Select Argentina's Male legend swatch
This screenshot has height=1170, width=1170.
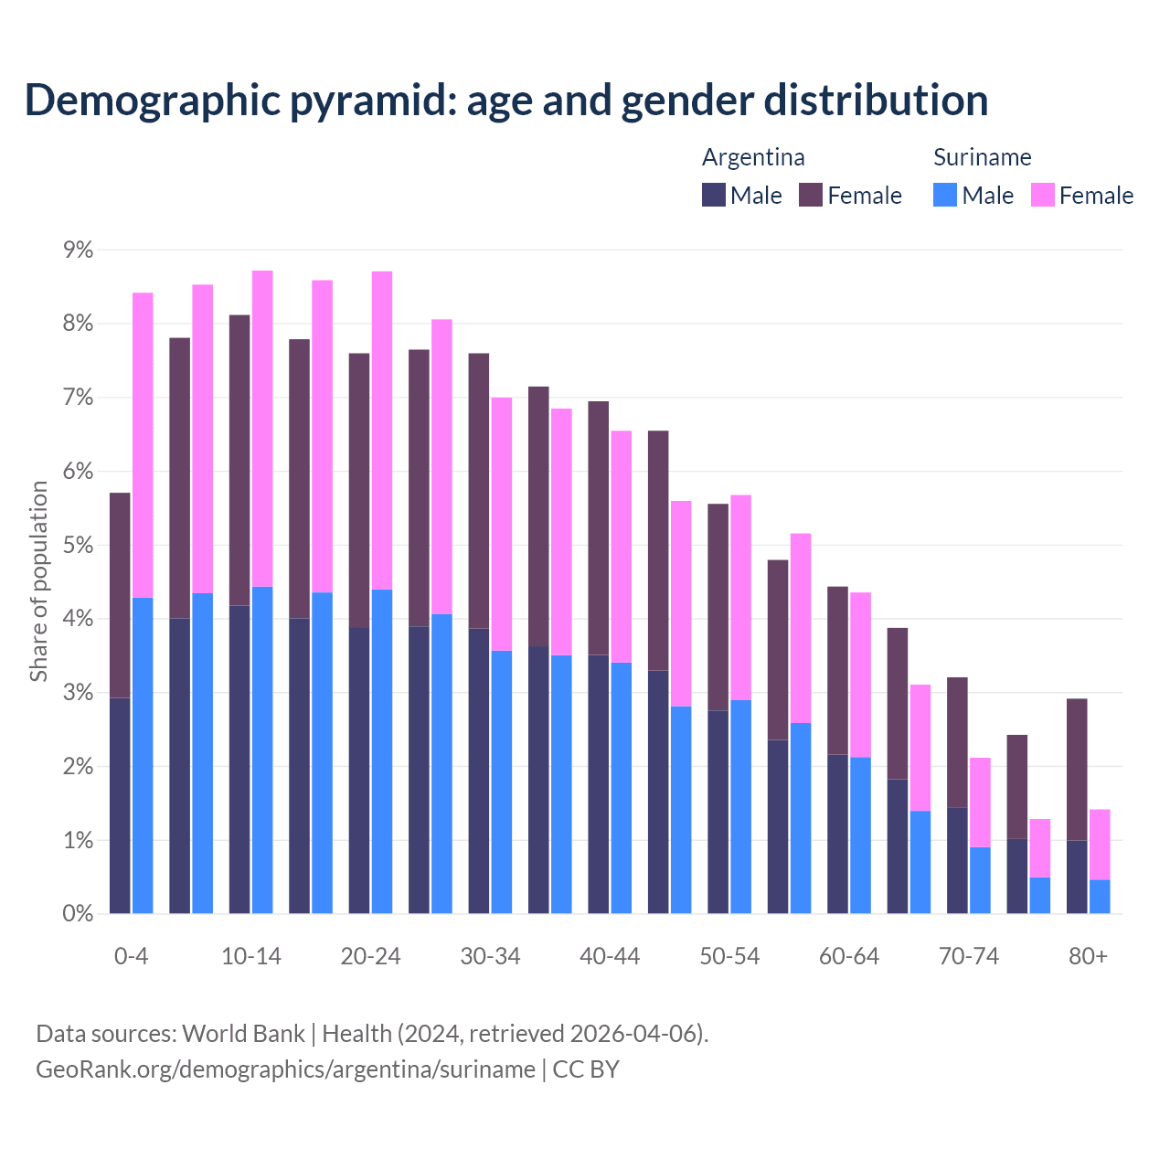[x=714, y=195]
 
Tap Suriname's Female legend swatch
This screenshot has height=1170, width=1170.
[x=1043, y=195]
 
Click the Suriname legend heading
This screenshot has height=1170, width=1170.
[x=982, y=157]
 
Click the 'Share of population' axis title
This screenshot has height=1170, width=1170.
[x=39, y=581]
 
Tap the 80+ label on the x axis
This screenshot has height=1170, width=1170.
[x=1088, y=956]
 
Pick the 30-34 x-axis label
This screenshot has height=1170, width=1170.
[x=490, y=956]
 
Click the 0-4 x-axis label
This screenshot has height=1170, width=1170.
[x=131, y=956]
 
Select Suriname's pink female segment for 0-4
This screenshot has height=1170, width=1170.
[x=143, y=445]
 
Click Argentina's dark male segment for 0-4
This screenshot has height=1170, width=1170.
[x=120, y=805]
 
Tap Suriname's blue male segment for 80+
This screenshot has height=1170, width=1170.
[x=1100, y=897]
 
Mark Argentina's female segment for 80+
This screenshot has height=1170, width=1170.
[x=1077, y=769]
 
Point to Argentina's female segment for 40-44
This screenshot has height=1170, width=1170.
[x=599, y=527]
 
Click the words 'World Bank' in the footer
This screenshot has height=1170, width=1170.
[x=243, y=1034]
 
